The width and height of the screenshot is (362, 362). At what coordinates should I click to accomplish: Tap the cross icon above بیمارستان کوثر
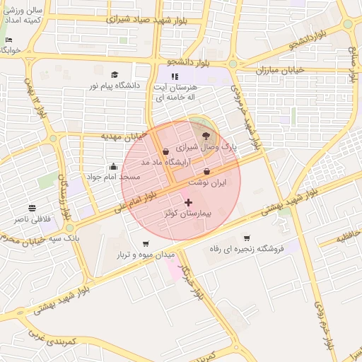click(188, 202)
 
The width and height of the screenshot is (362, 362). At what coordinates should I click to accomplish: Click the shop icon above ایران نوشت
click(206, 172)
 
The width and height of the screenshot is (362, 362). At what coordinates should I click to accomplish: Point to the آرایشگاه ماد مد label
click(146, 162)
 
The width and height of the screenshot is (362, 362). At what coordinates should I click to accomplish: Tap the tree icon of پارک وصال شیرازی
click(206, 135)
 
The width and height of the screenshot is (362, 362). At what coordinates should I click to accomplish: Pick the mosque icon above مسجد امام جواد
click(113, 167)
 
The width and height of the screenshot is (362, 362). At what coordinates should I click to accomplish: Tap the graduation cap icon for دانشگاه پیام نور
click(115, 74)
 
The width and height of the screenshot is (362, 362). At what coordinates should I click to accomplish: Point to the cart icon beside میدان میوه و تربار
click(146, 244)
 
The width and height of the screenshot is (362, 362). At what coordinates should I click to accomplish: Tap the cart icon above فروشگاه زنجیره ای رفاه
click(247, 238)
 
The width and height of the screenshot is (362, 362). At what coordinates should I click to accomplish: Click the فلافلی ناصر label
click(32, 219)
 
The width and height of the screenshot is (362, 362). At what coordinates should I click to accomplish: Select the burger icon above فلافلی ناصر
click(33, 208)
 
